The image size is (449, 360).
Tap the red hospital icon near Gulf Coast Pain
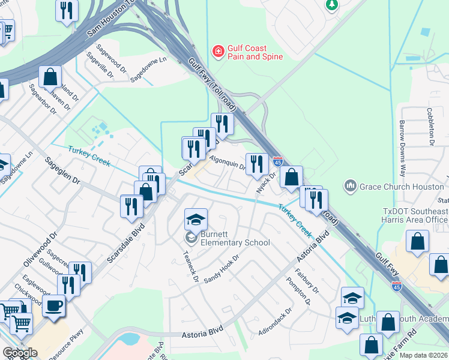pyautogui.click(x=218, y=52)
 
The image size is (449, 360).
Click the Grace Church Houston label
pyautogui.click(x=402, y=187)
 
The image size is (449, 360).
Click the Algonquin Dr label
pyautogui.click(x=228, y=162)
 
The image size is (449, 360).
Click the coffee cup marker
pyautogui.click(x=54, y=306)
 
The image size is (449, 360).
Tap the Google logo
pyautogui.click(x=20, y=353)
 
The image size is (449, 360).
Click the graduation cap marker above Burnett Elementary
pyautogui.click(x=196, y=220)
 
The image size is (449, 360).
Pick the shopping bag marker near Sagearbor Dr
pyautogui.click(x=50, y=77)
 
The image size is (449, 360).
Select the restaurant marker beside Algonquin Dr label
pyautogui.click(x=256, y=163)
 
